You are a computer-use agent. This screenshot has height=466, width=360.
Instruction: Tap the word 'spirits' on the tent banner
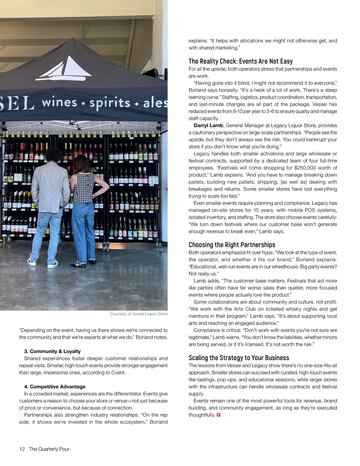pos(110,103)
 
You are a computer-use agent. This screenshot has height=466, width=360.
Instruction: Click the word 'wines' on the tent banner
pos(59,103)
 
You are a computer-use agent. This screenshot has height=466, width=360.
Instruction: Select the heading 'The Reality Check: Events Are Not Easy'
pos(240,61)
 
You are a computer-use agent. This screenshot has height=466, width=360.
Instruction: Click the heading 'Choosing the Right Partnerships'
pos(232,245)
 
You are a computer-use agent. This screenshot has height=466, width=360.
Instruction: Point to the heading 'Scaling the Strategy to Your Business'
pos(238,358)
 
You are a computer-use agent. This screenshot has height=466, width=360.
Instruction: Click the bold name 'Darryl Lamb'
pos(208,125)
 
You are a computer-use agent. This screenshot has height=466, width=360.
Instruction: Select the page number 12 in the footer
pos(22,449)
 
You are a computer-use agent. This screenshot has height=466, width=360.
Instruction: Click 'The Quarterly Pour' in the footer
pos(49,449)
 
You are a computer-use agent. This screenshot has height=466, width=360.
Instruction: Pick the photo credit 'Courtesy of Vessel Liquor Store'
pos(139,314)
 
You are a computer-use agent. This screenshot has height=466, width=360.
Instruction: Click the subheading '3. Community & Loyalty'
pos(52,351)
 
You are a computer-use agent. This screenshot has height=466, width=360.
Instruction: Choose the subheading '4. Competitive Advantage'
pos(55,386)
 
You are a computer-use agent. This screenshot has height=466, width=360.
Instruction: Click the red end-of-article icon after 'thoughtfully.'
pos(218,415)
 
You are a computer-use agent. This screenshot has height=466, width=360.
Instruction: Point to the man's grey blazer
pos(49,186)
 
